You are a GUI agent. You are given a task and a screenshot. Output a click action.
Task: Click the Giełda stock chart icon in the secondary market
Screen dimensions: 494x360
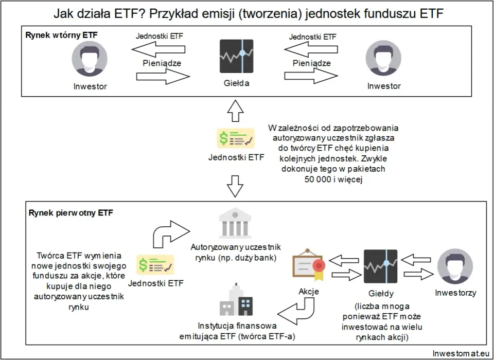click(236, 56)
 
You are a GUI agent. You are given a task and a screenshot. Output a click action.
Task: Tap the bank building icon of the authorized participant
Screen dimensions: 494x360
click(235, 223)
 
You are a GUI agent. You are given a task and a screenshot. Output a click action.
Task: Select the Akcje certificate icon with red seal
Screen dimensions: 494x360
click(309, 265)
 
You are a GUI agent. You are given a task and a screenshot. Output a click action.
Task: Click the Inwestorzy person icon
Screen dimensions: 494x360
click(455, 266)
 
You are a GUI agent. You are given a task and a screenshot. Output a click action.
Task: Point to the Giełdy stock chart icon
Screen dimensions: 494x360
click(381, 266)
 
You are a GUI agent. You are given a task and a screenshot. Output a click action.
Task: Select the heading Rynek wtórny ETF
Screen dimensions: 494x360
click(61, 35)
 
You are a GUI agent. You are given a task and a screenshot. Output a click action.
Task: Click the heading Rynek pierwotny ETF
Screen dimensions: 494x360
click(70, 212)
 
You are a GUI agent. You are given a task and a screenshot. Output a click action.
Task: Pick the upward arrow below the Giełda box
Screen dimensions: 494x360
click(235, 111)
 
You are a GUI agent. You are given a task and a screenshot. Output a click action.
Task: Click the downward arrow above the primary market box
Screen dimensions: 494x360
click(235, 186)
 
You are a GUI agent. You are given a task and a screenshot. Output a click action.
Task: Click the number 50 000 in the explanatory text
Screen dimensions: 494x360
click(318, 179)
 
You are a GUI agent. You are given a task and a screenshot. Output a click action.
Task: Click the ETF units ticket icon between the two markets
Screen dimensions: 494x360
click(236, 138)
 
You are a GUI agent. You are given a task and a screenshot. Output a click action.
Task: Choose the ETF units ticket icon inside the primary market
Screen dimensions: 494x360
click(155, 265)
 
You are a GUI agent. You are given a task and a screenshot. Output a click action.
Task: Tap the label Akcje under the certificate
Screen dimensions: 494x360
click(309, 292)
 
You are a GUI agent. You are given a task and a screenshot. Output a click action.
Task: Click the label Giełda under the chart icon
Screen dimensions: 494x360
click(237, 83)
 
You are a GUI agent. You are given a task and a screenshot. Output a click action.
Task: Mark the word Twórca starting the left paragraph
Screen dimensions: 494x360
click(50, 256)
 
